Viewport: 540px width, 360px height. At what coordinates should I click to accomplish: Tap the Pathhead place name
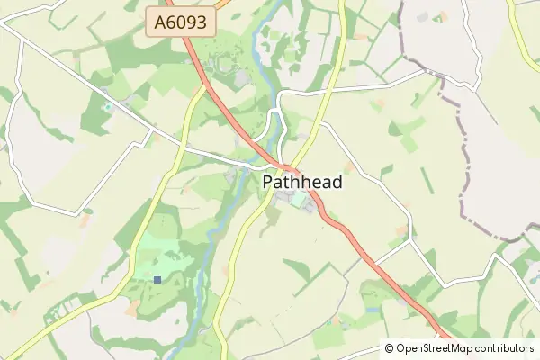tap(302, 182)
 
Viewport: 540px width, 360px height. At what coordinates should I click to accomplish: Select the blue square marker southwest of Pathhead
tap(157, 280)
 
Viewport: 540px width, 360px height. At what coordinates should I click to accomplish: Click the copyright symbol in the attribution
tap(389, 348)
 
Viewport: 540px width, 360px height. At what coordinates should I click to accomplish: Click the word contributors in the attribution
tap(500, 348)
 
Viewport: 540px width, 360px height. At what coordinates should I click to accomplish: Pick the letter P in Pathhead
tap(268, 182)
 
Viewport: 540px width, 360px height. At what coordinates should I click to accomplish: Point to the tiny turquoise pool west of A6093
tap(109, 106)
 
